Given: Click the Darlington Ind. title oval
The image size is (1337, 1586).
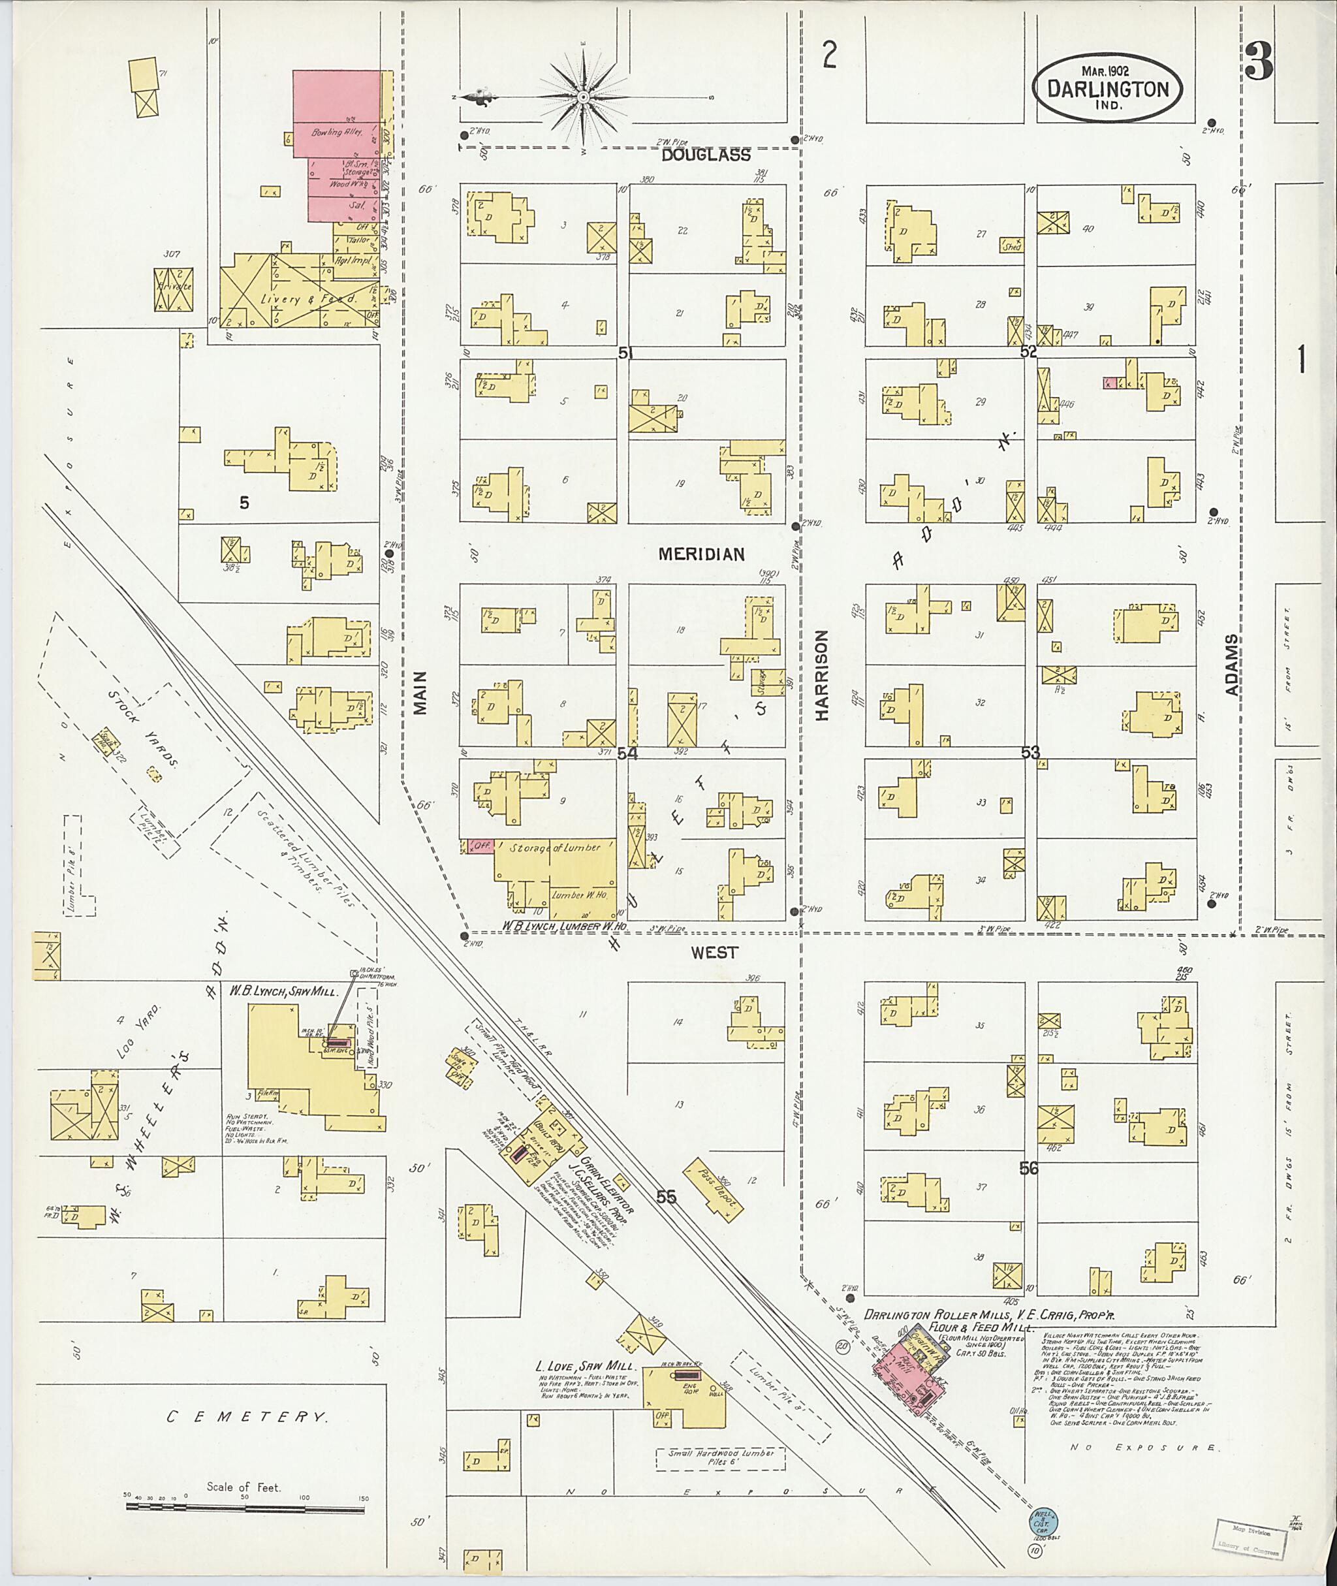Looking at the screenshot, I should tap(1107, 87).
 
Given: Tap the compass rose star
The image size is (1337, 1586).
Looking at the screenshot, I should tap(583, 98).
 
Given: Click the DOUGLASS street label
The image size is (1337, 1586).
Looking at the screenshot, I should tap(706, 155).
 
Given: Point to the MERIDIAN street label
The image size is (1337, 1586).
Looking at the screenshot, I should tap(701, 554).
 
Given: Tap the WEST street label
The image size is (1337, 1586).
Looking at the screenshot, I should tap(714, 952).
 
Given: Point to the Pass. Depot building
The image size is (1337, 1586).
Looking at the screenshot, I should tap(714, 1188).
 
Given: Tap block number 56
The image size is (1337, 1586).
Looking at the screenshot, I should tap(1028, 1168).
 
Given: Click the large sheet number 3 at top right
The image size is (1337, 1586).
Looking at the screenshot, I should tap(1258, 61).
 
